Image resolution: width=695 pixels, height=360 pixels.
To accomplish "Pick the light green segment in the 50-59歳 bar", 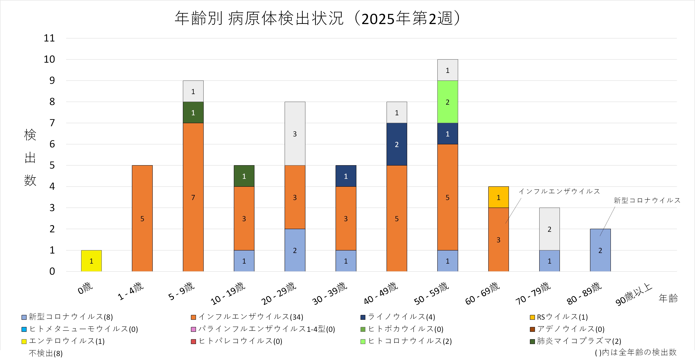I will pos(447,102).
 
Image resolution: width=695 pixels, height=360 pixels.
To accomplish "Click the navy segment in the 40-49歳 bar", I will pos(397,144).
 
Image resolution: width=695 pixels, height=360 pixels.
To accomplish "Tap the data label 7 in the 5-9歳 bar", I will pos(193,198).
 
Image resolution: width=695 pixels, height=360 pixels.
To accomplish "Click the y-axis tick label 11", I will pos(49,38).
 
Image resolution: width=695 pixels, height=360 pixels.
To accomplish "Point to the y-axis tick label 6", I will pos(52,144).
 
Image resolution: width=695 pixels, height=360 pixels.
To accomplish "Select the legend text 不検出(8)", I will pos(46,353).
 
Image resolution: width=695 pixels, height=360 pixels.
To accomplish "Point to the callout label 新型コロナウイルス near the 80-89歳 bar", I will pos(647,200).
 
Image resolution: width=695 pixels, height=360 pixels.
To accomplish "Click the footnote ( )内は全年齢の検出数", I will pos(636,352).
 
